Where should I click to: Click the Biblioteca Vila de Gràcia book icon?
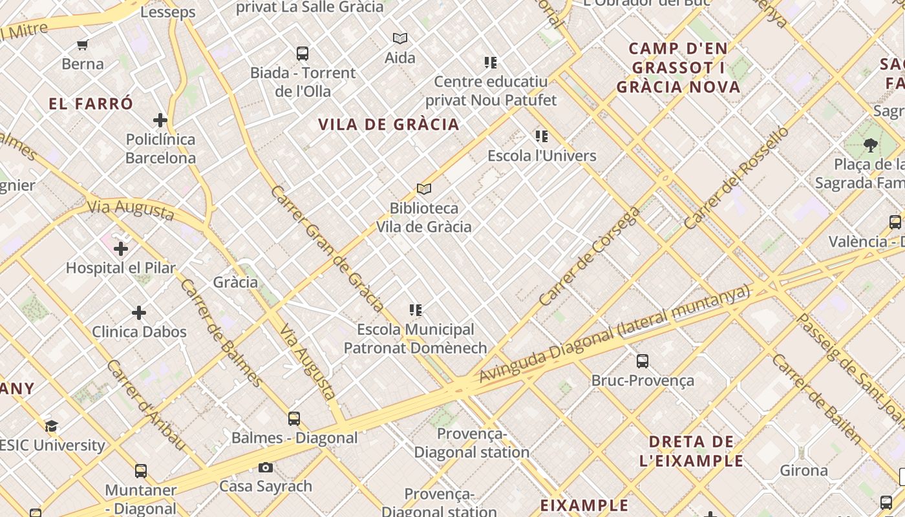[424, 189]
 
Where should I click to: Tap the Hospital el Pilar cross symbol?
[121, 248]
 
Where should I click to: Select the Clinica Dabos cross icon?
[139, 313]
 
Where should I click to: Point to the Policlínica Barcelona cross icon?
[160, 120]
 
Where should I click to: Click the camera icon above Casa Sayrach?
[266, 467]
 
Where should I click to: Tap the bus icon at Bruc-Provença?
[643, 361]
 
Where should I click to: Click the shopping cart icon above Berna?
[82, 45]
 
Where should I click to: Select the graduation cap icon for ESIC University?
[52, 426]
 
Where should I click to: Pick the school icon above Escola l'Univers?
[542, 136]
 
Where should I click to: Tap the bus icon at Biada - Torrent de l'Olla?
[303, 54]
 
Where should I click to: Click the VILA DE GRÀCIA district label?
[389, 125]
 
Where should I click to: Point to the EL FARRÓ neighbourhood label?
[90, 103]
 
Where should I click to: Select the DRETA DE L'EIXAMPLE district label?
[692, 451]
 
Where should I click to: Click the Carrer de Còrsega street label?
[589, 257]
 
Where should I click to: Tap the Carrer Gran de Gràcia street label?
[328, 249]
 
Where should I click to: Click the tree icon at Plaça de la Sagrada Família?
[871, 145]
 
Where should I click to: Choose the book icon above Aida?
[400, 39]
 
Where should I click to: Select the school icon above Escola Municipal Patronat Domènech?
[416, 310]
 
